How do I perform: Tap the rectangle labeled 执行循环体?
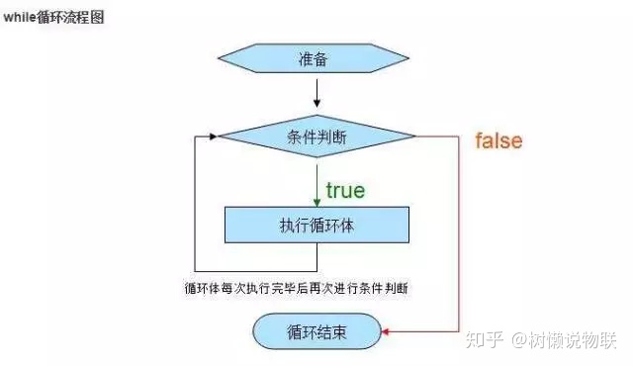(316, 225)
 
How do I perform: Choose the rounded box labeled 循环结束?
(316, 330)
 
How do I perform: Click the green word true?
(345, 190)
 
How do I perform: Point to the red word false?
(498, 140)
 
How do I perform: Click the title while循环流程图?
(54, 17)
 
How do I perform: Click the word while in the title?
(21, 17)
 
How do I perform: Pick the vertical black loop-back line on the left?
(196, 203)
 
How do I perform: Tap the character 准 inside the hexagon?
(307, 58)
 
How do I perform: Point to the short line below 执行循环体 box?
(316, 255)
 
